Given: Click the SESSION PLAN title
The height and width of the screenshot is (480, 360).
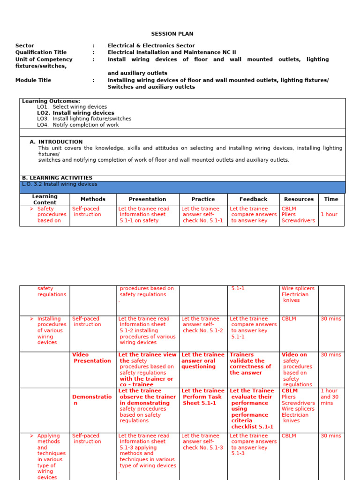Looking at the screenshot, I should pos(172,34).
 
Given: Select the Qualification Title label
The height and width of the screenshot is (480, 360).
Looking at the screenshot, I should pos(41,52).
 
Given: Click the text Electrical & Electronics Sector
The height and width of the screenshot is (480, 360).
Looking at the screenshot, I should pos(151,45).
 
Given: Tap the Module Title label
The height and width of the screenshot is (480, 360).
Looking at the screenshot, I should pos(33,80).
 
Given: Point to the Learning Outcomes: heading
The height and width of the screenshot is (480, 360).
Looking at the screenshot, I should pos(51,101).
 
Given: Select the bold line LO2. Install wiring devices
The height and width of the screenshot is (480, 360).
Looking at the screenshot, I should pos(75,113).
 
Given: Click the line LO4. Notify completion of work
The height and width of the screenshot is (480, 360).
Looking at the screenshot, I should pos(78,125).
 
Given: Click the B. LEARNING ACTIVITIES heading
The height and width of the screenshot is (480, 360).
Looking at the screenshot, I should pos(57,178).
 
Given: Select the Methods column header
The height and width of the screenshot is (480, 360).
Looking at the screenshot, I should pos(93,199).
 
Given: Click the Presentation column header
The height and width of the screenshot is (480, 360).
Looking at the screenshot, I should pos(147,199).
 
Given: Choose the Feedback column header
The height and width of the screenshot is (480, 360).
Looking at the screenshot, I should pos(253,199).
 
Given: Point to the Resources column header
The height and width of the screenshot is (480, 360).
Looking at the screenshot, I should pos(299,199).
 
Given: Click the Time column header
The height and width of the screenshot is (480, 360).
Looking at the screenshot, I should pos(331,199).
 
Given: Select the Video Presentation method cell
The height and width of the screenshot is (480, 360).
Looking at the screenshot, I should pos(92,358).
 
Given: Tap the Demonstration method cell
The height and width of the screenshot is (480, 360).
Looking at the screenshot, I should pos(92,400).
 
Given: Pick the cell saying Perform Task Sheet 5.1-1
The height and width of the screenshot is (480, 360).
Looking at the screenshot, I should pos(202,397).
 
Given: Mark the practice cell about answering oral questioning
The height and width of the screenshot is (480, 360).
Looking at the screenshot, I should pos(202,361).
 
